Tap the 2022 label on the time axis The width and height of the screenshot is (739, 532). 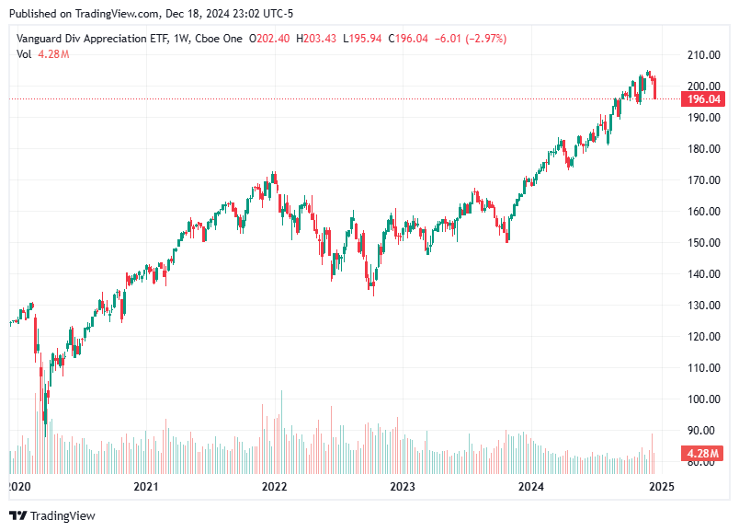(274, 487)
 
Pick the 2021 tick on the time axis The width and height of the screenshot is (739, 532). (145, 487)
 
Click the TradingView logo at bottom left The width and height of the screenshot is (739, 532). (52, 516)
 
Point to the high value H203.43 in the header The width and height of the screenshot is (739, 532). (319, 39)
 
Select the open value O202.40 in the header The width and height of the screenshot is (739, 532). (273, 39)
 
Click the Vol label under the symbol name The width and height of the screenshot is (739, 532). (24, 54)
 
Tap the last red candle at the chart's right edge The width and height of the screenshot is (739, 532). (655, 88)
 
